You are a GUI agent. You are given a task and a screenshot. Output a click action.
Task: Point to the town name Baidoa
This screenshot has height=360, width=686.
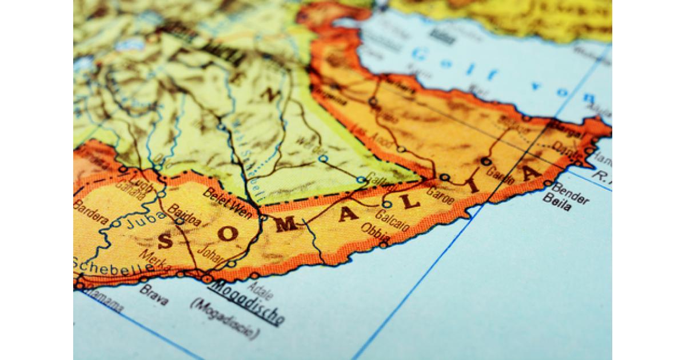(x=184, y=214)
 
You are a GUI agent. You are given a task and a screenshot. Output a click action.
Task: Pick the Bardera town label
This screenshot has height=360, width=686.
(x=91, y=212)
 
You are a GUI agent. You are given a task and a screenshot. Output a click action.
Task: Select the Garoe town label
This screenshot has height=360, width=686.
(x=440, y=196)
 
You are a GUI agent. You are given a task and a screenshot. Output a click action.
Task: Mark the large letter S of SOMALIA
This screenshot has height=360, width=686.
(x=165, y=242)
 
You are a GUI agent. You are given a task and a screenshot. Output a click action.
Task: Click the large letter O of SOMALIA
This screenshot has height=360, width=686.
(x=227, y=234)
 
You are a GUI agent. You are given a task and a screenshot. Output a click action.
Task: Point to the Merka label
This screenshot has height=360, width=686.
(x=155, y=261)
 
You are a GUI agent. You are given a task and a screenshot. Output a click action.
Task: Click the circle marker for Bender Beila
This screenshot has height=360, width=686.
(x=547, y=184)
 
